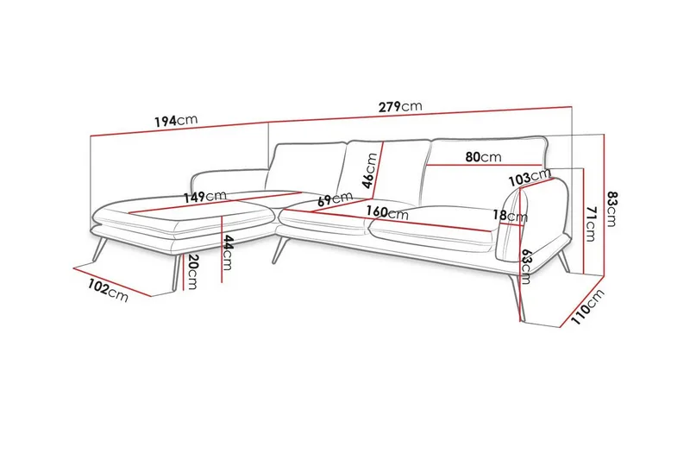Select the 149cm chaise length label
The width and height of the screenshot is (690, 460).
pos(204,197)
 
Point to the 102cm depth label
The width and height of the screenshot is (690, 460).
pos(108,290)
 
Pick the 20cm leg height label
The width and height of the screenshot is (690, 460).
pos(192,273)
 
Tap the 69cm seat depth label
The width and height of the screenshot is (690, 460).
pos(335,199)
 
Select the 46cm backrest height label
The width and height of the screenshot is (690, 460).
pos(369,171)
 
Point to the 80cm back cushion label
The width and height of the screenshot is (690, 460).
pos(483,158)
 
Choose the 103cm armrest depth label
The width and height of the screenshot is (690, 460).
pos(530,177)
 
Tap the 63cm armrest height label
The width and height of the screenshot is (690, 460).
pos(525,263)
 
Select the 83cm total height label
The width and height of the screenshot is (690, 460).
pos(612,207)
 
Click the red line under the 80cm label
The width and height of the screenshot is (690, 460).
pos(483,166)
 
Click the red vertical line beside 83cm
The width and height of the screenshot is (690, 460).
pos(602,207)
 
